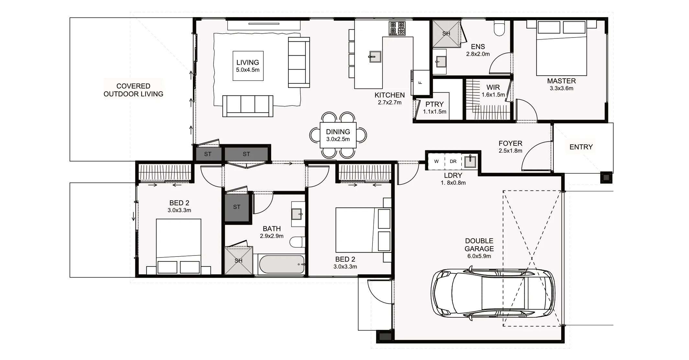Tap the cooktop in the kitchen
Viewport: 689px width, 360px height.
[x=397, y=28]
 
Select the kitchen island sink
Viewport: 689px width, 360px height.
[x=375, y=57]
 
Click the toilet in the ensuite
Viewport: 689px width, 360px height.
[x=499, y=28]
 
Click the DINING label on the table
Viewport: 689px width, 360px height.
[x=338, y=132]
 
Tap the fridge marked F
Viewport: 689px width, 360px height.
[x=420, y=82]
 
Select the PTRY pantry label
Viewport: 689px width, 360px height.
[x=434, y=104]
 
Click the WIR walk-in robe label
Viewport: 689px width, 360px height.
[x=493, y=87]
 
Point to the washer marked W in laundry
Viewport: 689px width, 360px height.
[x=436, y=161]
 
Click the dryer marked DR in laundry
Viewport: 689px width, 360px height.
[x=453, y=161]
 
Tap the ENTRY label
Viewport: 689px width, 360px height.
[x=581, y=147]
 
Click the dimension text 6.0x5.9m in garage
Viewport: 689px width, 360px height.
[x=479, y=256]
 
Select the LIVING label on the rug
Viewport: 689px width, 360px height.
[x=248, y=62]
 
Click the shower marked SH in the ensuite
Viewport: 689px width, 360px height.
[x=446, y=33]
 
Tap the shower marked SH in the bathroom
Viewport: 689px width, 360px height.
[x=239, y=261]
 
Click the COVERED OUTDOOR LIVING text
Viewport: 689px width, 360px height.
[x=133, y=90]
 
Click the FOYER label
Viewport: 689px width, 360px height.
[x=510, y=143]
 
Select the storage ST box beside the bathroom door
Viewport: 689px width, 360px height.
[x=237, y=207]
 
